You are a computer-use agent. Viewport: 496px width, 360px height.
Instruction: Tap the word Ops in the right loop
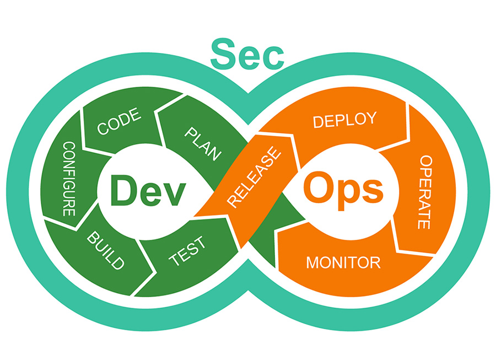[343, 189]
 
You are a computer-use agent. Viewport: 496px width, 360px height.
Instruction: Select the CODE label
[119, 122]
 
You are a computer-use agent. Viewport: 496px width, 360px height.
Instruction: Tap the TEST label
[188, 251]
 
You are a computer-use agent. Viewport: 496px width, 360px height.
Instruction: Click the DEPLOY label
[344, 120]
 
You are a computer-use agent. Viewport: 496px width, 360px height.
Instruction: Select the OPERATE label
[424, 191]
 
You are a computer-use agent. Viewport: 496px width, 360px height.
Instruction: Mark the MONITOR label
[343, 262]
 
